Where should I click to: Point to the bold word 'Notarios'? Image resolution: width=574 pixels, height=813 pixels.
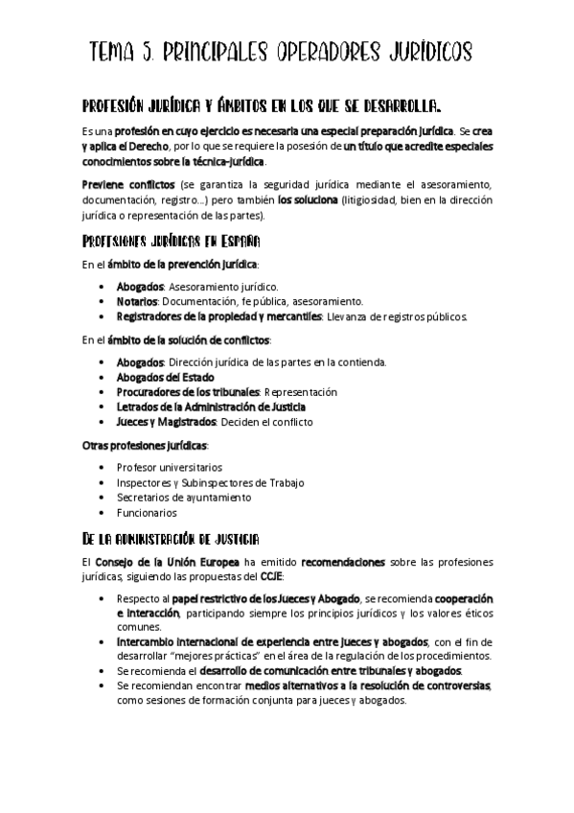tap(138, 301)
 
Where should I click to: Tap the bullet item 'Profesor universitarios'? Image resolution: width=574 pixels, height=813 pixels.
tap(169, 468)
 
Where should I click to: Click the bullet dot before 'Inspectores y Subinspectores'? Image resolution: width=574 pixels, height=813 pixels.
tap(104, 483)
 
